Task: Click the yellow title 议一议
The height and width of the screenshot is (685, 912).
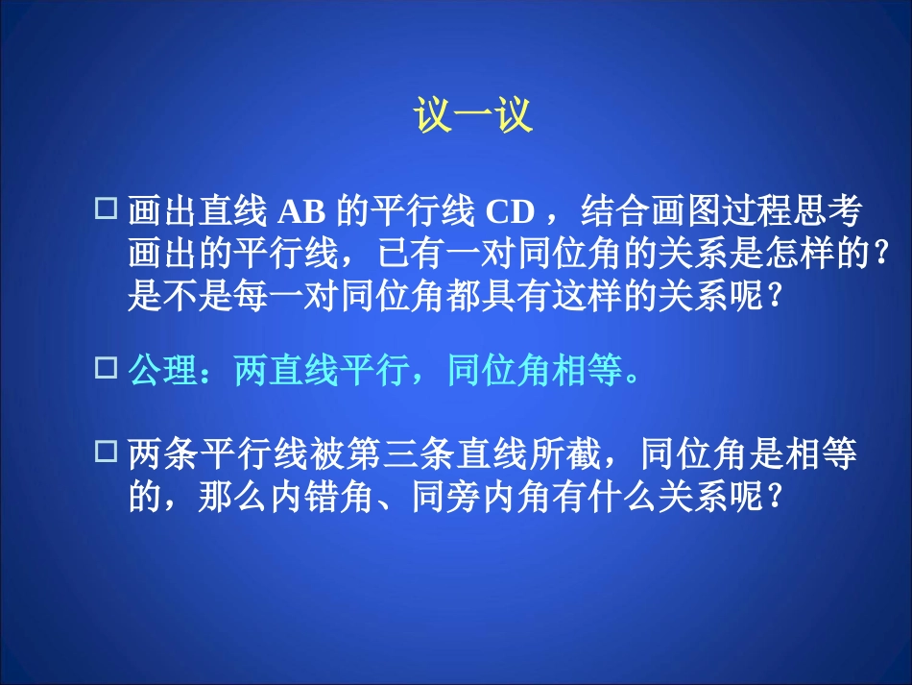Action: [472, 118]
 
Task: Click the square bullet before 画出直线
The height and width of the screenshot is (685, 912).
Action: [108, 207]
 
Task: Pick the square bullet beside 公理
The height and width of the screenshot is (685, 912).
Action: [108, 367]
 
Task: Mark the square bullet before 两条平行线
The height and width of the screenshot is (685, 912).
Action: [108, 450]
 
